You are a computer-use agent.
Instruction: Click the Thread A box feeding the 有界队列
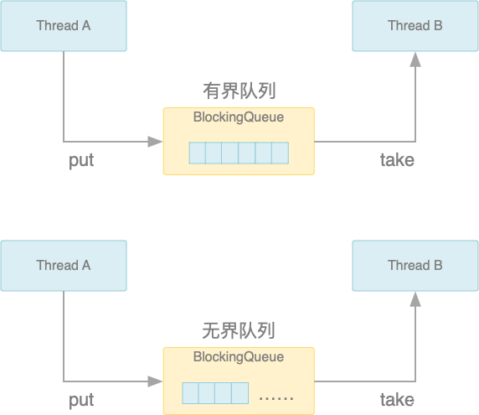(x=64, y=26)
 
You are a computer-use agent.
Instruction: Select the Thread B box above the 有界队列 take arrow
(x=415, y=26)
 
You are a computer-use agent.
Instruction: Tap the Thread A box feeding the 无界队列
(x=64, y=266)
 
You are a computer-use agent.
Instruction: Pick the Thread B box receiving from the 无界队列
(x=415, y=266)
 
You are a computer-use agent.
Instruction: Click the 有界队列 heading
(x=239, y=91)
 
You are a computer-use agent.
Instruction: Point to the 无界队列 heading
(x=239, y=330)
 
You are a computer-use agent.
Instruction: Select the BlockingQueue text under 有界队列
(x=239, y=117)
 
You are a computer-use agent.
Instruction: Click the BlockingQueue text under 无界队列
(x=239, y=357)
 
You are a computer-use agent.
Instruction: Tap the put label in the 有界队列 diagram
(x=81, y=160)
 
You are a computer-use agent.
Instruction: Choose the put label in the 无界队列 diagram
(x=81, y=400)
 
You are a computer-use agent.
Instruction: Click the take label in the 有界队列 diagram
(x=397, y=160)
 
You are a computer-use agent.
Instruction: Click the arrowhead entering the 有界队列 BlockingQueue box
(x=156, y=142)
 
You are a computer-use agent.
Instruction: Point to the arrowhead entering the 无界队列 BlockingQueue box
(x=156, y=381)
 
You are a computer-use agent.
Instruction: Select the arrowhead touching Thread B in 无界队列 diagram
(x=415, y=298)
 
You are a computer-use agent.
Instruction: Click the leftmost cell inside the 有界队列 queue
(x=197, y=153)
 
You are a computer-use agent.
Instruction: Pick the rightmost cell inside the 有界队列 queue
(x=280, y=153)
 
